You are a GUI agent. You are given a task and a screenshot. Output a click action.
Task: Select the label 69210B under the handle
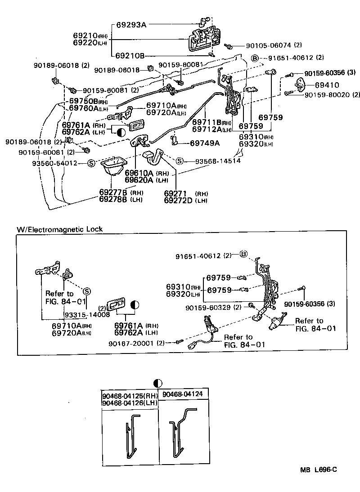coord(130,56)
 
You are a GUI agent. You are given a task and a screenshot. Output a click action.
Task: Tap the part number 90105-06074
coord(269,46)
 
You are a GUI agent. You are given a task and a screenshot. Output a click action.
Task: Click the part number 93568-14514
coord(217,161)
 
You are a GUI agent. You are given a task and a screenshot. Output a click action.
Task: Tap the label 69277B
coord(113,192)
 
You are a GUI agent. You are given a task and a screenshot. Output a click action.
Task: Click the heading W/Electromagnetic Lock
coord(60,229)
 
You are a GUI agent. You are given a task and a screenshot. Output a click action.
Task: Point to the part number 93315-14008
coord(87,315)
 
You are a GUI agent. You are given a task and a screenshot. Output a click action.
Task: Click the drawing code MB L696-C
coord(319,470)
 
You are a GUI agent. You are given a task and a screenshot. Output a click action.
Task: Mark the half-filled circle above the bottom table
coord(157,383)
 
